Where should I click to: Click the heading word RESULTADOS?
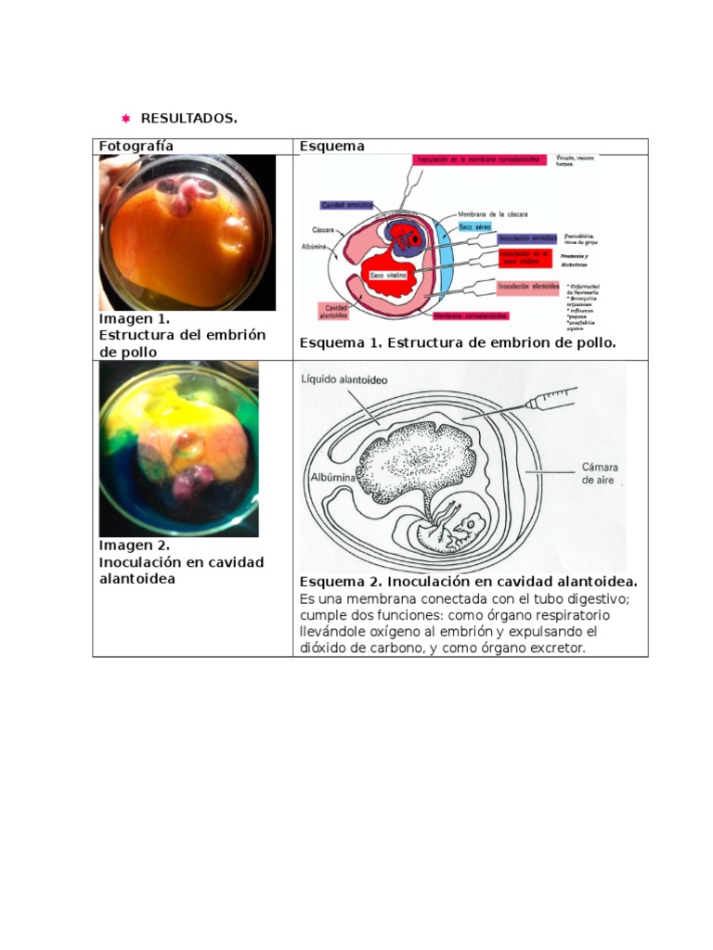[x=188, y=119]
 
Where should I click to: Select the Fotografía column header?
[x=136, y=146]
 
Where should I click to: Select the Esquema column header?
[x=331, y=146]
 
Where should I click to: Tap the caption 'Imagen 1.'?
[x=135, y=318]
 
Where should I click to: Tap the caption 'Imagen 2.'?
[x=135, y=546]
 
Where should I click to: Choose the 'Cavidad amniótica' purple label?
[x=345, y=204]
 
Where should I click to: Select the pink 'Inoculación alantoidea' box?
[x=527, y=286]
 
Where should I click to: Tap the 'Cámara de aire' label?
[x=599, y=473]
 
